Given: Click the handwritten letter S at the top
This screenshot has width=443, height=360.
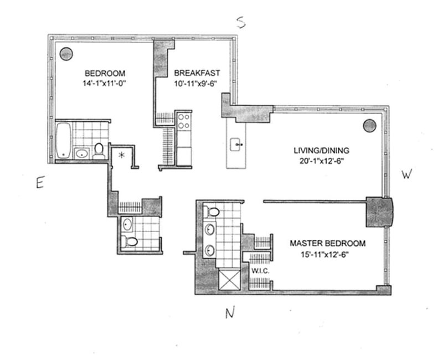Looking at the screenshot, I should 240,22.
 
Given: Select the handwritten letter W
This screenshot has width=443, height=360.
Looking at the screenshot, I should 407,175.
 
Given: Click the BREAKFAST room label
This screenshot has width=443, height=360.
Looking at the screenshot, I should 197,73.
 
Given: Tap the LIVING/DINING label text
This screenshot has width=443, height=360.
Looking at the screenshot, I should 321,151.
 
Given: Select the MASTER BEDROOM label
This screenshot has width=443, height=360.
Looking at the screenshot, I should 328,243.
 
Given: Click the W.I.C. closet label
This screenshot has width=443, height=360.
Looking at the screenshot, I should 260,271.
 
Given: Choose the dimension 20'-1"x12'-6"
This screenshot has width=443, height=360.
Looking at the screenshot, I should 321,162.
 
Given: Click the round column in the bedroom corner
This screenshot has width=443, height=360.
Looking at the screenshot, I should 66,54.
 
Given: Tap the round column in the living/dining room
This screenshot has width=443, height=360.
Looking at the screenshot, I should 369,126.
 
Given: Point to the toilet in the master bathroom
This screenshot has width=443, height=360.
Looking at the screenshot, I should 212,211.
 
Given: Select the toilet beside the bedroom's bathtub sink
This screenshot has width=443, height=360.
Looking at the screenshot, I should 99,150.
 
